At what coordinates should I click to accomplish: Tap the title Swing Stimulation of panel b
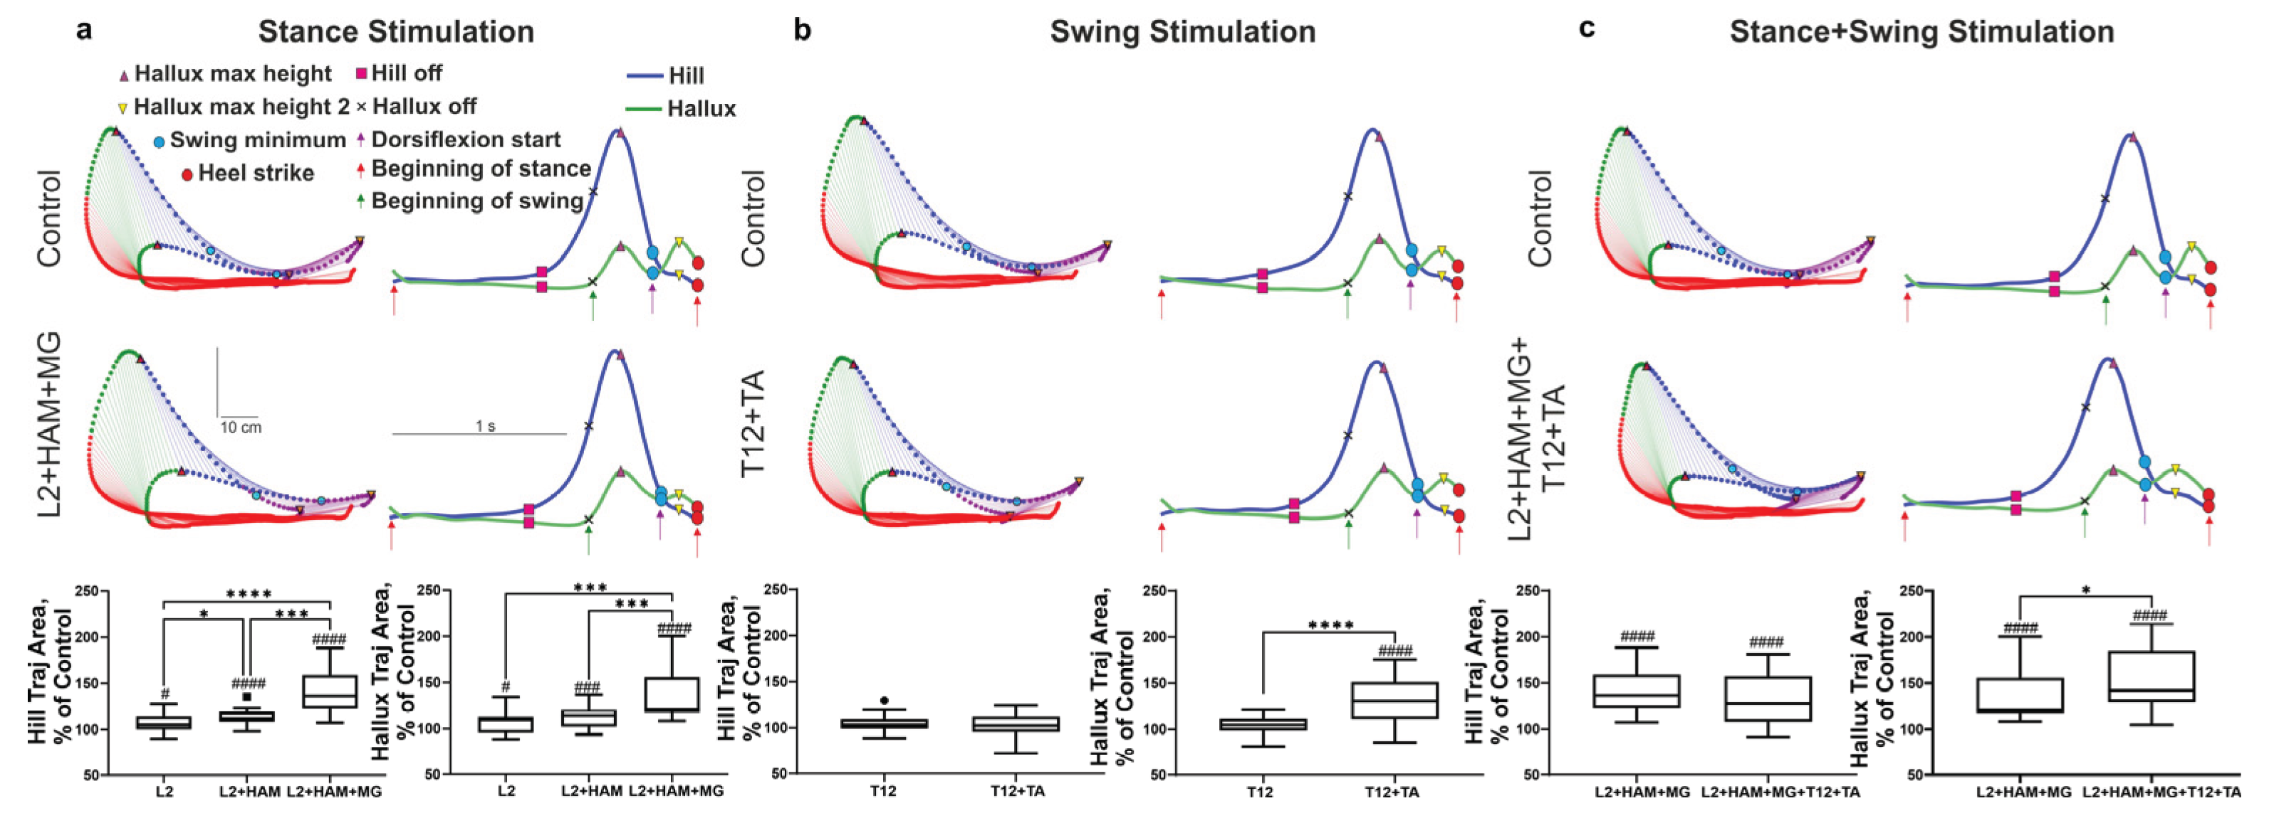(1182, 32)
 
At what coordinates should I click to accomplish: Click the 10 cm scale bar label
(241, 428)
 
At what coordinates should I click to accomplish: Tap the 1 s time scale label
(485, 426)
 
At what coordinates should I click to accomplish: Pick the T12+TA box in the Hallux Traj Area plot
(1394, 701)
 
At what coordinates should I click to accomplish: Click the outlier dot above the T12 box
(885, 701)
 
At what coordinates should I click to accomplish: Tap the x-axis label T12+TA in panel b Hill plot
(1018, 791)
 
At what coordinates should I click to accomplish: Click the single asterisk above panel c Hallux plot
(2086, 590)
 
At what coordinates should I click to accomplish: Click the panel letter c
(1586, 29)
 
